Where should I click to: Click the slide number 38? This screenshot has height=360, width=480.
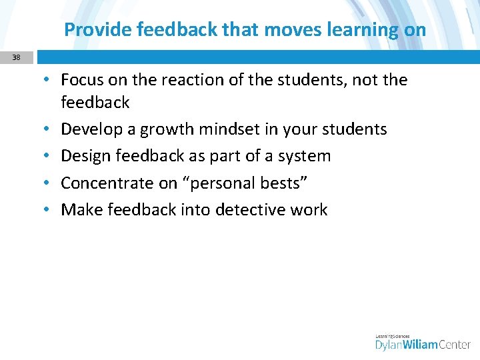click(16, 57)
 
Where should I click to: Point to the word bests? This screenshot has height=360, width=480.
click(284, 183)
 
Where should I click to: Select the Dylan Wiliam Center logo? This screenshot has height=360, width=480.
click(423, 341)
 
